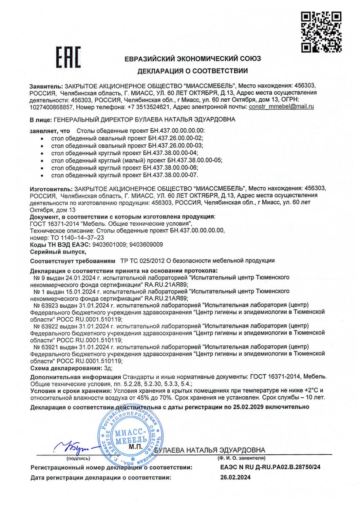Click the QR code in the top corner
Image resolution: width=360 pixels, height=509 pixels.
321,32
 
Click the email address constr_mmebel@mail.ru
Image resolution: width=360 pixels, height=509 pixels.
281,107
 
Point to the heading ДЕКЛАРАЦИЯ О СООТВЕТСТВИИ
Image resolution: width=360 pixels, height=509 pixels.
192,71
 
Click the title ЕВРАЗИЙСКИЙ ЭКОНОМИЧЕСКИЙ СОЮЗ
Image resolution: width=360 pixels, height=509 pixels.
192,58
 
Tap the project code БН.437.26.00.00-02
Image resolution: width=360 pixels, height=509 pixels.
176,138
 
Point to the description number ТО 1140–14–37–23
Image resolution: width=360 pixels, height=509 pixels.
77,238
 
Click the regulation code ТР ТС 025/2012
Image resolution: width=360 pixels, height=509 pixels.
143,261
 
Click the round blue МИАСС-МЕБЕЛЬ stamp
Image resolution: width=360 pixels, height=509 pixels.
130,437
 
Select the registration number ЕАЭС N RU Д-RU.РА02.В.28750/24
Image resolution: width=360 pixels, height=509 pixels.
270,467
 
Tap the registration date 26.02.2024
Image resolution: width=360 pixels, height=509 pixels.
235,477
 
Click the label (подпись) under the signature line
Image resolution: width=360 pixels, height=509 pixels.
78,458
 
